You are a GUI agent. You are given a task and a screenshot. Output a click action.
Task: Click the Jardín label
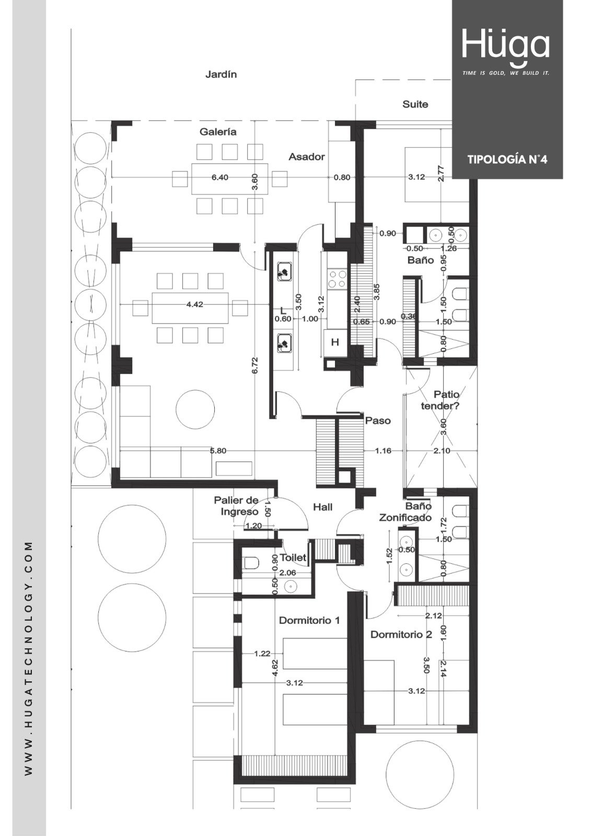tap(221, 75)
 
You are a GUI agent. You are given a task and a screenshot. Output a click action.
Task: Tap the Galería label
tap(218, 132)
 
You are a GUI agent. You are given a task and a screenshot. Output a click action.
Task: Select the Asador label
tap(307, 157)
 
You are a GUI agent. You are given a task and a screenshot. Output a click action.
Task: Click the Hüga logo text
tap(505, 45)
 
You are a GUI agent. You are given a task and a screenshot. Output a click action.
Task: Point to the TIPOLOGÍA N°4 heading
tap(507, 159)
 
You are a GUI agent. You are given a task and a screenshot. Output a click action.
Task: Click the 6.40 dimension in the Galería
tap(220, 177)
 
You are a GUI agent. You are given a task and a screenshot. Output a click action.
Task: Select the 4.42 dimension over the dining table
tap(194, 305)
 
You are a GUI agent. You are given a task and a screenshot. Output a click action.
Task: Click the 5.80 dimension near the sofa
tap(218, 451)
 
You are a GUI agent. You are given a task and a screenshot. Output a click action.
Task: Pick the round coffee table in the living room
tap(195, 409)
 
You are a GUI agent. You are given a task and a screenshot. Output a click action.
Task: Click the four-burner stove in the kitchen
tap(337, 279)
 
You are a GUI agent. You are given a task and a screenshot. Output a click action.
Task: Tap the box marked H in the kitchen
tap(335, 342)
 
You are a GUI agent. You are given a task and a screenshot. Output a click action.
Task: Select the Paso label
tap(378, 421)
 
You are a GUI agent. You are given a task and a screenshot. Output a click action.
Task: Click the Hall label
tap(322, 507)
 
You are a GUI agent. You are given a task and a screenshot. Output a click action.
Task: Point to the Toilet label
tap(293, 558)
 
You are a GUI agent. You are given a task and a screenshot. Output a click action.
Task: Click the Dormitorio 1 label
tap(309, 620)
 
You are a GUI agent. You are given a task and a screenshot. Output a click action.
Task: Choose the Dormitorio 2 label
tap(401, 634)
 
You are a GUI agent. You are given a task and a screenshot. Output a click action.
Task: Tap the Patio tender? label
tap(440, 400)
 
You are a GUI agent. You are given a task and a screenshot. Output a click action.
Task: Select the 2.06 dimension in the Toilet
tap(287, 572)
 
